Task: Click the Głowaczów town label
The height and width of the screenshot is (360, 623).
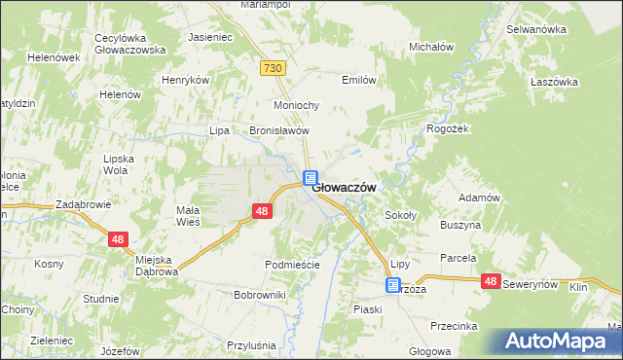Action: (x=344, y=188)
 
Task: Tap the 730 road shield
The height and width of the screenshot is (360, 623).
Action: (x=273, y=67)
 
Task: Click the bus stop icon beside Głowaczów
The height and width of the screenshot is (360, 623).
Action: (x=310, y=178)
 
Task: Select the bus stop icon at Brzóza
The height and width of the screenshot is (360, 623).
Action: (x=392, y=285)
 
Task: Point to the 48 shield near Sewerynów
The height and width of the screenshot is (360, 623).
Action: (x=491, y=281)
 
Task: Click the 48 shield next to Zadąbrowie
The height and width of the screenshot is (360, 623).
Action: (x=119, y=238)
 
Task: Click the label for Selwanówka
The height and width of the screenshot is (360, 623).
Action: (x=536, y=29)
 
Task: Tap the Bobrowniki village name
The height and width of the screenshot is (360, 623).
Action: (x=260, y=294)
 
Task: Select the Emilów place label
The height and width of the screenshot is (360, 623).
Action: (x=358, y=81)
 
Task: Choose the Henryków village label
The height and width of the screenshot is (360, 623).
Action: (x=186, y=80)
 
